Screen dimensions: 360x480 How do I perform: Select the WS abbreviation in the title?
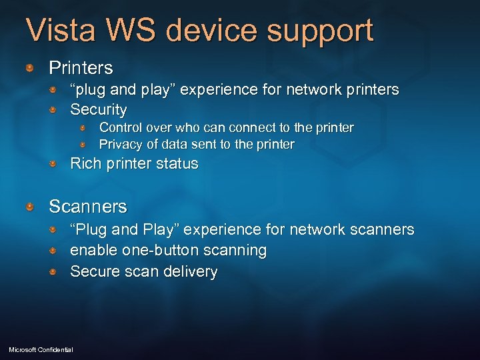click(x=144, y=31)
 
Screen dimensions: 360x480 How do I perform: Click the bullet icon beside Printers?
click(x=31, y=68)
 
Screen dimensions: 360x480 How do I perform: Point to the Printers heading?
click(x=81, y=68)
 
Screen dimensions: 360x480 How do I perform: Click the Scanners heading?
click(x=88, y=207)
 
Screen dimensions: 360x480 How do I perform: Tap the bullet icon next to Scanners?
click(x=31, y=207)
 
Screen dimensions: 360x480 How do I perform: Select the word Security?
click(x=98, y=109)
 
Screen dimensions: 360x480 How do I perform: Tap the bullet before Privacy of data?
click(x=83, y=144)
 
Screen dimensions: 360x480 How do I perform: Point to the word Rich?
click(x=85, y=163)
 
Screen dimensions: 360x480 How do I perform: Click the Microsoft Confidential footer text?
click(x=41, y=349)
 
